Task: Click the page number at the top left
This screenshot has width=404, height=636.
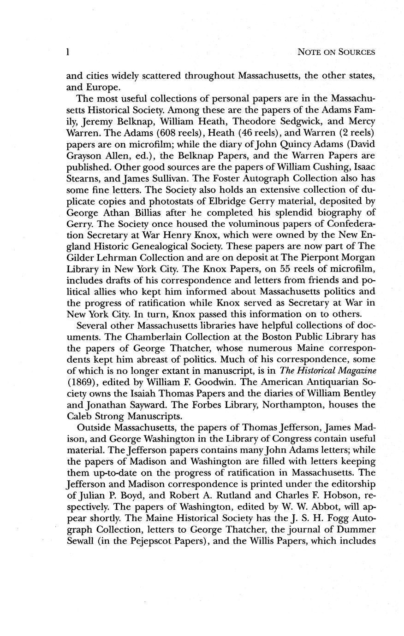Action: point(67,52)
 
